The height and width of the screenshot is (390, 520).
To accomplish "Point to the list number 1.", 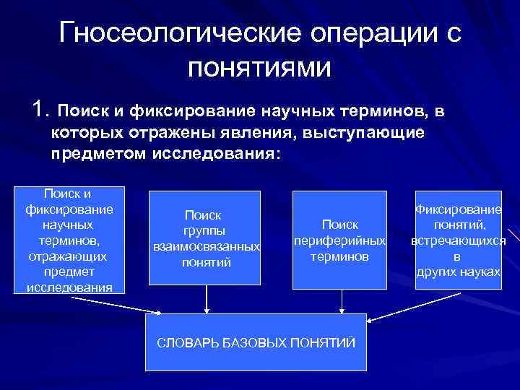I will click(x=40, y=110).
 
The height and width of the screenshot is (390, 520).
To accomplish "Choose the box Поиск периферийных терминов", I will click(x=339, y=238).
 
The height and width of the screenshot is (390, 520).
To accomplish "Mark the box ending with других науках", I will click(x=459, y=239).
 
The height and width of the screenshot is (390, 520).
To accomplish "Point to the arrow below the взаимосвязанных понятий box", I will click(x=207, y=300).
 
